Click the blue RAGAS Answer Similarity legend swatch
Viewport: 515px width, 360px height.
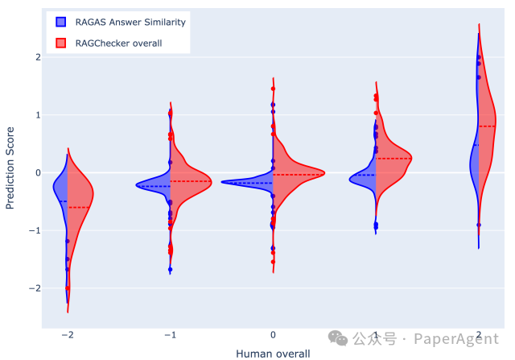(x=61, y=22)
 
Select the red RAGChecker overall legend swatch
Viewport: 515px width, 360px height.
(x=61, y=42)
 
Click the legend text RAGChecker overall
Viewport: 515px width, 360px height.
(x=120, y=42)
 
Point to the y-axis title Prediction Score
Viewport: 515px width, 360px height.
(x=10, y=168)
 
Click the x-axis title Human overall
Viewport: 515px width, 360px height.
(x=273, y=353)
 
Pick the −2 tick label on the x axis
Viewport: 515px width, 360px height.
(x=67, y=334)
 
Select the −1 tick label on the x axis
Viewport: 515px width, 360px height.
(x=169, y=334)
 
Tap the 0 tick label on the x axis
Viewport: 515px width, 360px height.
(x=274, y=334)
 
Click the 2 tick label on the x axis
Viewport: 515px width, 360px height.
(x=479, y=334)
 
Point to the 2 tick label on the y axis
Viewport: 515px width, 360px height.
(x=36, y=57)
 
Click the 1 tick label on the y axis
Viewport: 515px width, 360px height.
(x=36, y=115)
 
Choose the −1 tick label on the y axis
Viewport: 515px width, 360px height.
(x=34, y=230)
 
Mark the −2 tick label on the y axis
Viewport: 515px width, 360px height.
(x=34, y=288)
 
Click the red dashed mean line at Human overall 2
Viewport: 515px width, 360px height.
(x=488, y=126)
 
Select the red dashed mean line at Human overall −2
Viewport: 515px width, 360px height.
(x=78, y=208)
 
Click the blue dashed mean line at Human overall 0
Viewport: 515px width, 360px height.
(x=249, y=183)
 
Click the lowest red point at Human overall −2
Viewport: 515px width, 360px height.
(x=68, y=288)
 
